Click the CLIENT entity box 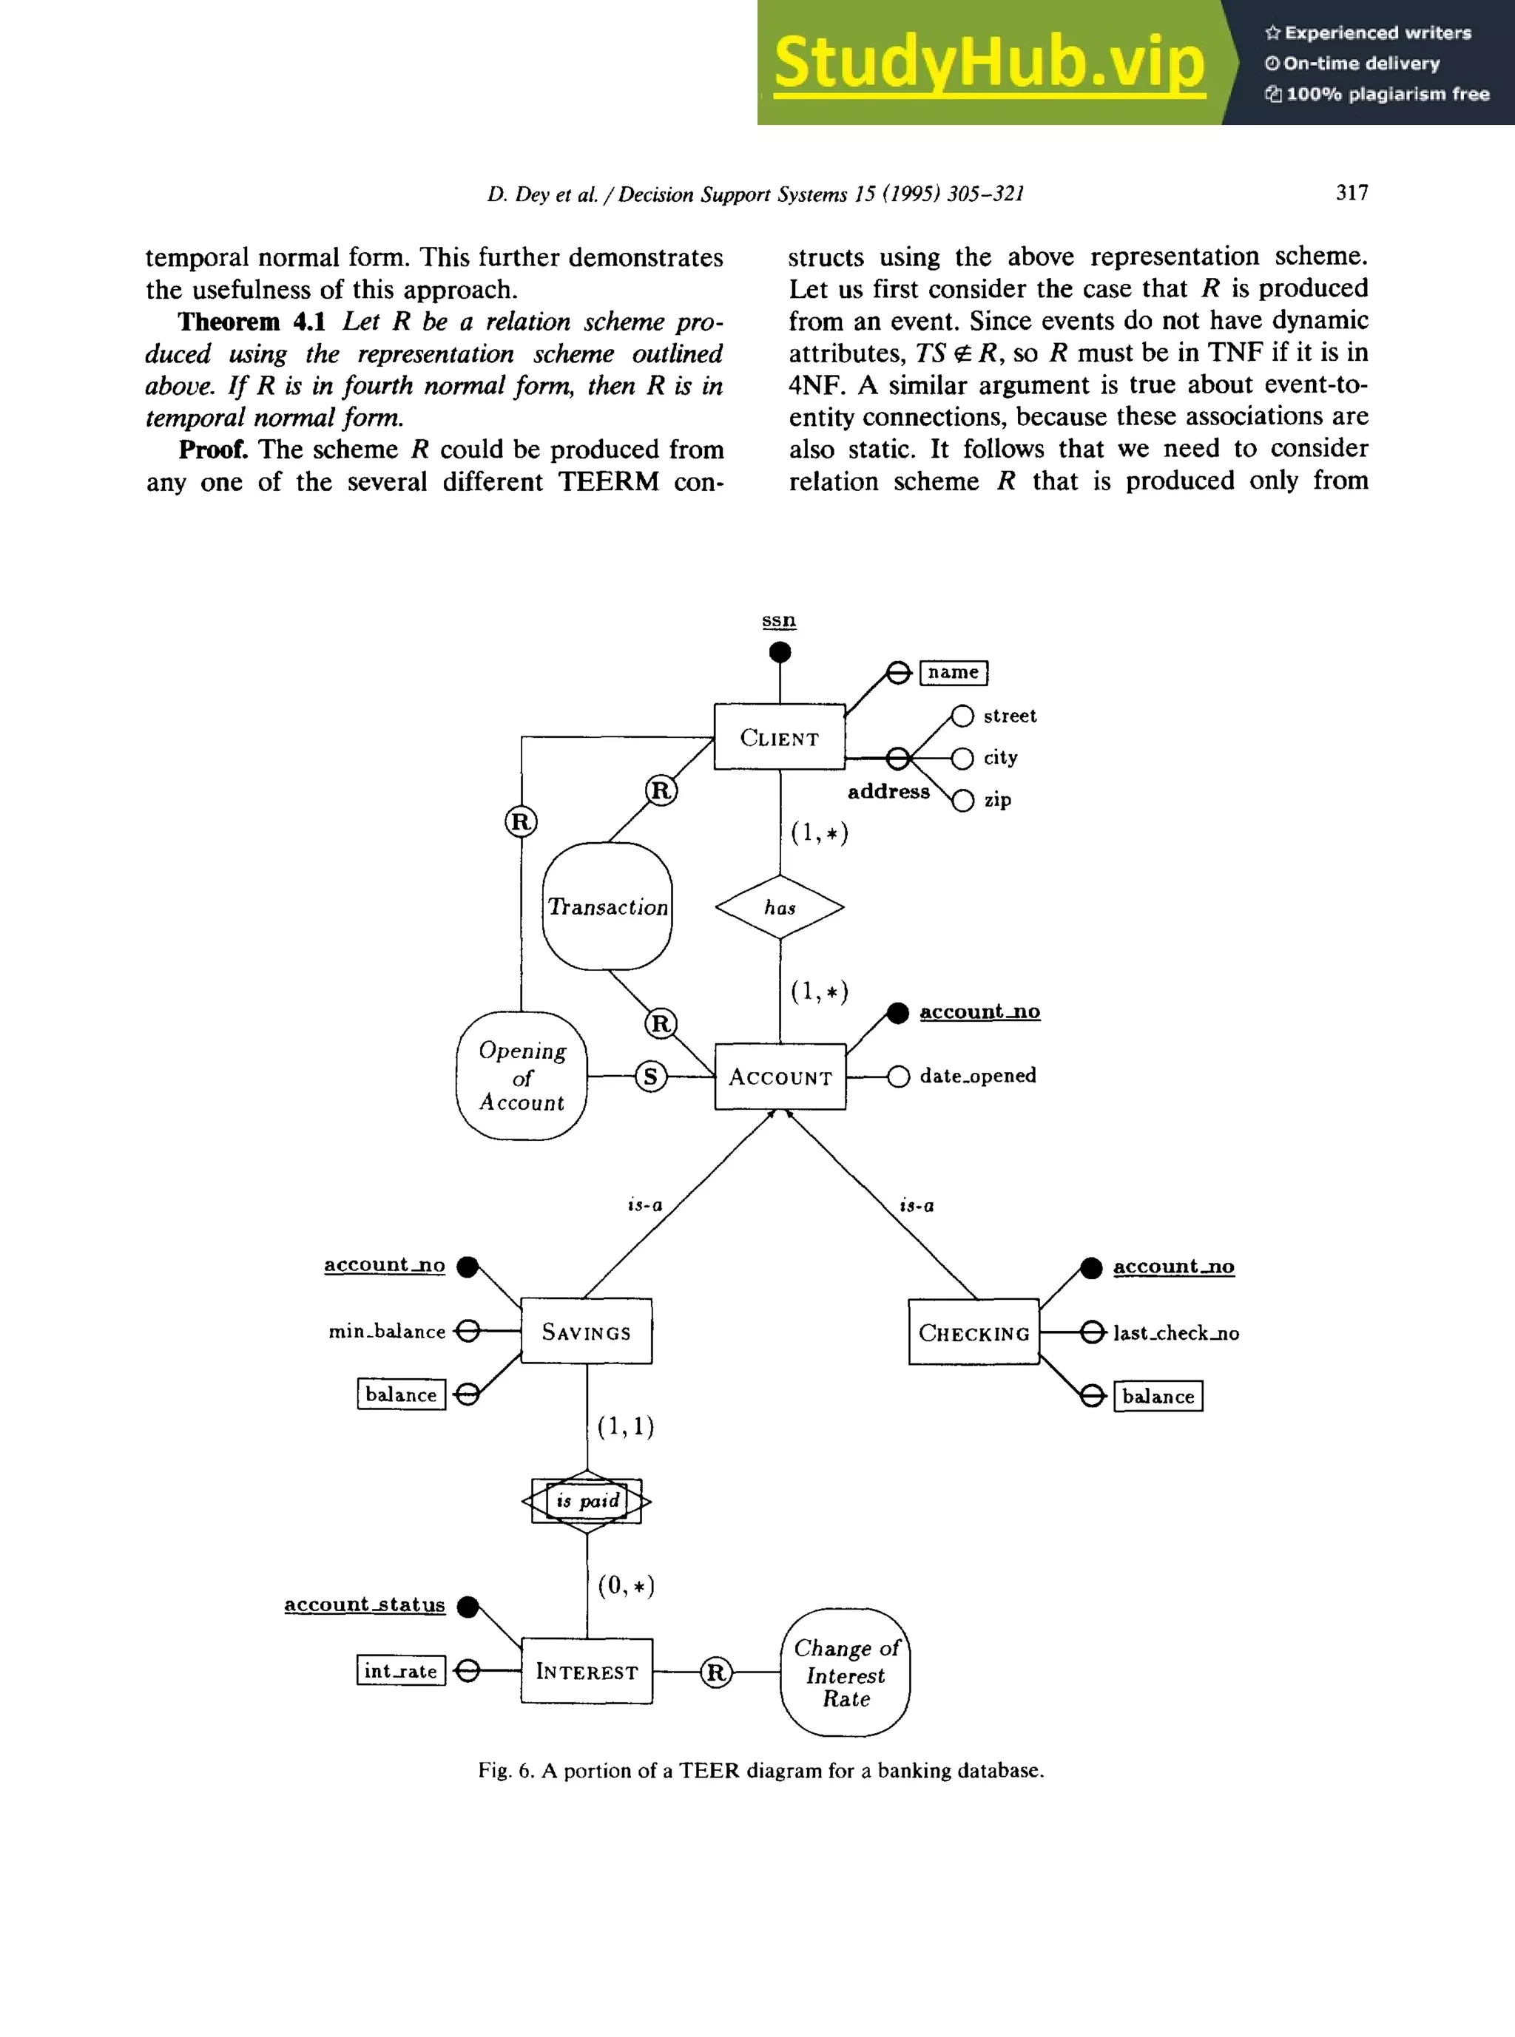779,736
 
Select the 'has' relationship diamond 780,906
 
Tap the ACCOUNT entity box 780,1077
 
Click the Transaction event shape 607,906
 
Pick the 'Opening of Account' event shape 521,1075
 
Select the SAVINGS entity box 586,1330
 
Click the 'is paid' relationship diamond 586,1501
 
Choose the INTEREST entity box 586,1670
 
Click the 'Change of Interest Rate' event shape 845,1672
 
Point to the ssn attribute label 779,620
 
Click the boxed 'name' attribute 953,672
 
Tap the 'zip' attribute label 997,799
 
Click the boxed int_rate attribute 401,1670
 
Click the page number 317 1352,192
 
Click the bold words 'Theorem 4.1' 252,322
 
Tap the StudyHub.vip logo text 988,61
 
